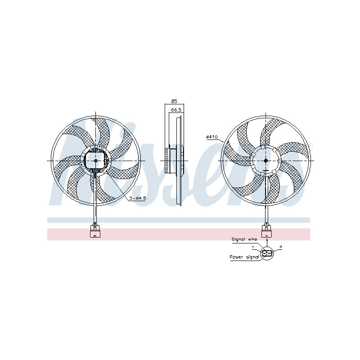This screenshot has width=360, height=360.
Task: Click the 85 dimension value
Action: pyautogui.click(x=174, y=101)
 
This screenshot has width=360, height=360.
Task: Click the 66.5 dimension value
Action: pyautogui.click(x=176, y=110)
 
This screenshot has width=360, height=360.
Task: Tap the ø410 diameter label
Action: pyautogui.click(x=211, y=137)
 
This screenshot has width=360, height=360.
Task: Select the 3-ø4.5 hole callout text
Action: pyautogui.click(x=138, y=198)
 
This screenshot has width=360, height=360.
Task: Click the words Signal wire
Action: pyautogui.click(x=244, y=239)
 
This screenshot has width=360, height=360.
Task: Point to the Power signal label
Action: pyautogui.click(x=244, y=257)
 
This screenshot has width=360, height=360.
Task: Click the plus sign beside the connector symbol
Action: pyautogui.click(x=280, y=247)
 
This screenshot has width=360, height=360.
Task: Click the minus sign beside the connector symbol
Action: pyautogui.click(x=253, y=247)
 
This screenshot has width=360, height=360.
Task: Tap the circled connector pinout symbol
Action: pyautogui.click(x=267, y=253)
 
